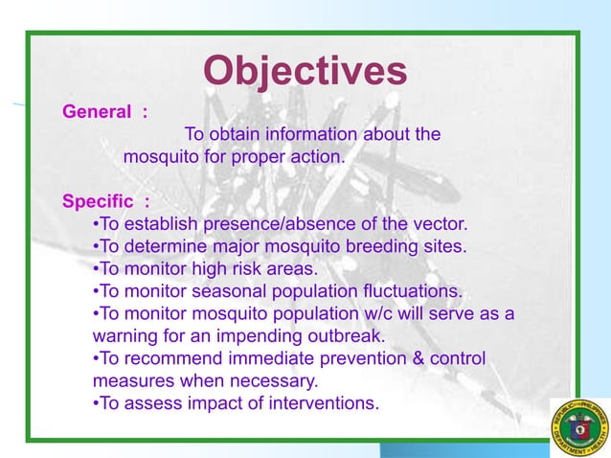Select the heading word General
pos(97,112)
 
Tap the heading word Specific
pos(98,201)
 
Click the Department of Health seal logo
pos(580,428)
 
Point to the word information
pos(311,134)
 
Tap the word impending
pos(259,336)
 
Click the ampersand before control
pos(418,358)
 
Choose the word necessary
pos(274,381)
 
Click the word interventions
pos(324,403)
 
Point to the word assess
pos(153,403)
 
